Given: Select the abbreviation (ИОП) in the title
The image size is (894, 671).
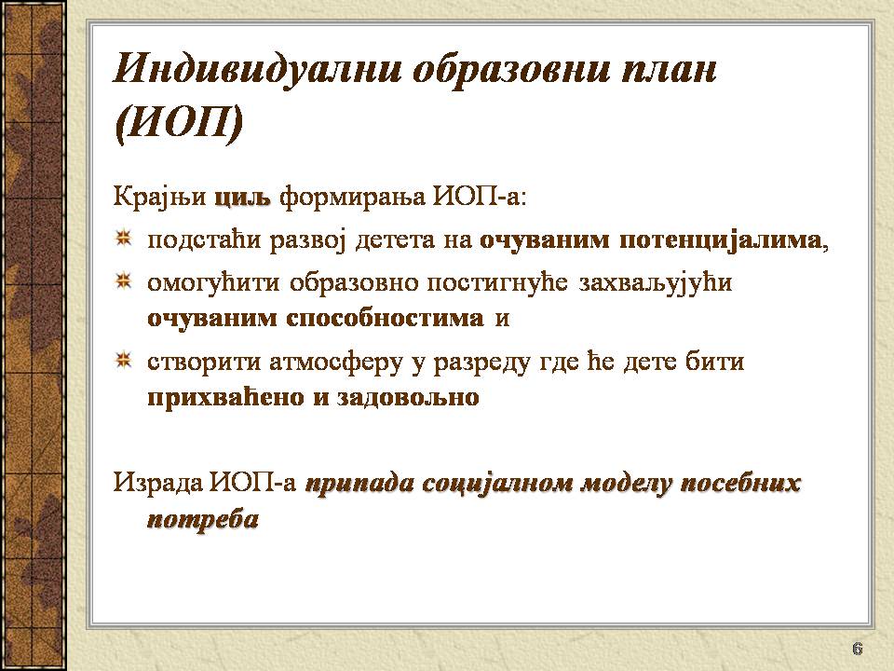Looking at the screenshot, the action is [179, 124].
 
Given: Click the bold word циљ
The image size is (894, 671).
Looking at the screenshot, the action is [242, 198].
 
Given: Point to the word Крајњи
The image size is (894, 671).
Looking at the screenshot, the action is [159, 198].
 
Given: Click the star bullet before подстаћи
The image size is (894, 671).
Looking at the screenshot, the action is [123, 238].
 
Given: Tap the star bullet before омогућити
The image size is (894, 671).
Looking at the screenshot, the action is [123, 281].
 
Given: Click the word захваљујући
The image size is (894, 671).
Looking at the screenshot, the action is [656, 283].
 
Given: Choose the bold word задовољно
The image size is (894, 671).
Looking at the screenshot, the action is [408, 397].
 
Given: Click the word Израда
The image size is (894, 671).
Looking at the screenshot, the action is [158, 482].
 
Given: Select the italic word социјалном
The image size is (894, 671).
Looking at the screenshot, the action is [497, 483].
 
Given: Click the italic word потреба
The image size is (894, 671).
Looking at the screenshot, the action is [203, 520].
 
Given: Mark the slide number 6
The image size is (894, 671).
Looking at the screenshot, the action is [857, 649].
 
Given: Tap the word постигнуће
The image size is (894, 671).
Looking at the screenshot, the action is [497, 283].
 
